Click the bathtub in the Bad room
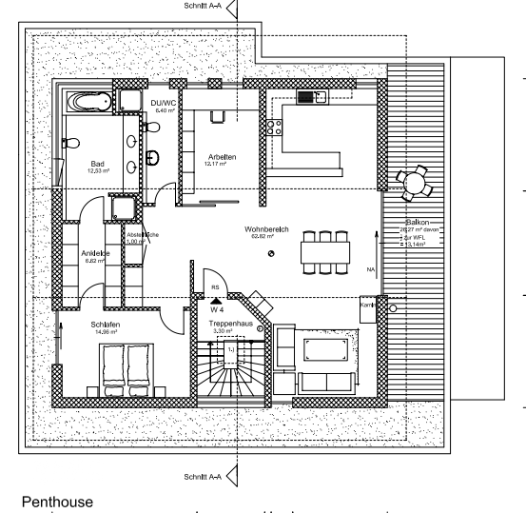(88, 102)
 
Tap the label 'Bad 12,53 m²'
(98, 167)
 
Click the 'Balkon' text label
(414, 224)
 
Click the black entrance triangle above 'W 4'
(216, 300)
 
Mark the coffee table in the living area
(326, 348)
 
